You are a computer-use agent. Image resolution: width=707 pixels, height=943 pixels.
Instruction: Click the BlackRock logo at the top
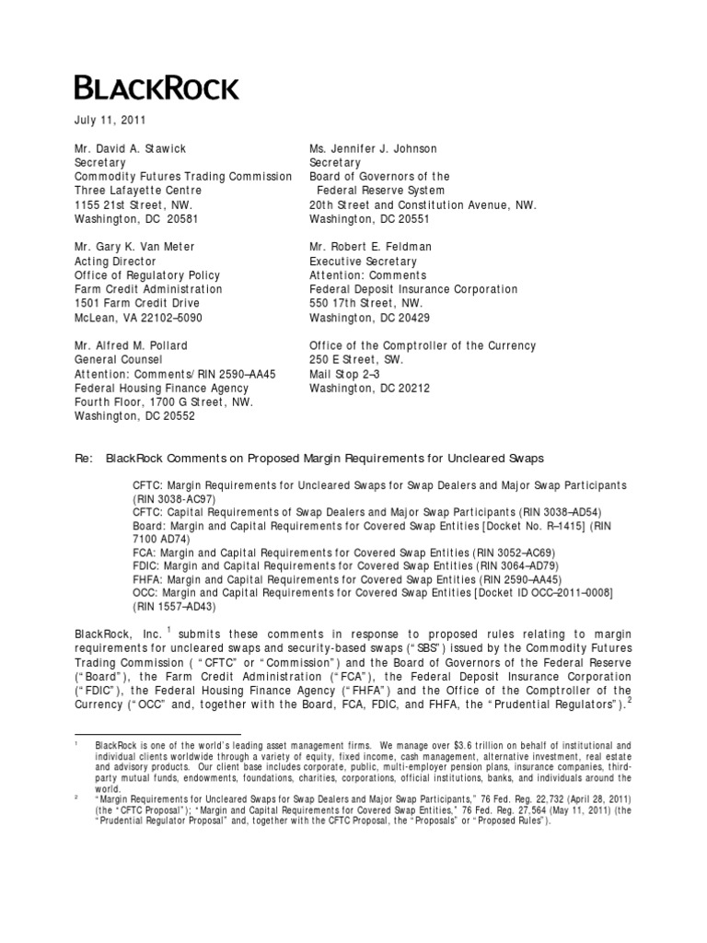pyautogui.click(x=156, y=88)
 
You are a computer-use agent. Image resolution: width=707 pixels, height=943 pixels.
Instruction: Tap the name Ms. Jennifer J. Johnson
pyautogui.click(x=372, y=148)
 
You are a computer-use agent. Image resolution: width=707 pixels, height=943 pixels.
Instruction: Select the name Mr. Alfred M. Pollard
pyautogui.click(x=133, y=346)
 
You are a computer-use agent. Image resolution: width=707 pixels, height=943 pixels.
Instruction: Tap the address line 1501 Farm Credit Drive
pyautogui.click(x=139, y=304)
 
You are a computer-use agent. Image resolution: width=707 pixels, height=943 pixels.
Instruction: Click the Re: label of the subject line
pyautogui.click(x=85, y=458)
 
